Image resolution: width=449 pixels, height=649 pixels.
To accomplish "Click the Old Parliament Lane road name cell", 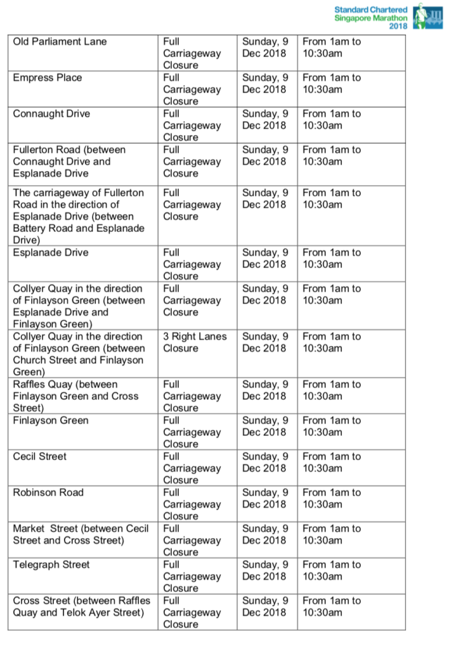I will (x=60, y=42).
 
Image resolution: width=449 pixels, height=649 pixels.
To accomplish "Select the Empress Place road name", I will (x=48, y=78).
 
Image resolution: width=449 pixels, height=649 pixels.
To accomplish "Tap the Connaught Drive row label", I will (x=51, y=114).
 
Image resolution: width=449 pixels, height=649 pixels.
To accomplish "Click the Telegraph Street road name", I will (x=51, y=565).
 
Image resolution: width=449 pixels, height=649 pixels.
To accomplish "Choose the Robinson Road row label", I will (x=48, y=492).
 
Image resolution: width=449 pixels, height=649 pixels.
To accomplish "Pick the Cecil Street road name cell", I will (x=40, y=456).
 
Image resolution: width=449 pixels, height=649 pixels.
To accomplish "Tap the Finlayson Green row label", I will (x=51, y=420).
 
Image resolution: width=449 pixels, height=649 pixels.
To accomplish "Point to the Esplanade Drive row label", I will (x=51, y=252).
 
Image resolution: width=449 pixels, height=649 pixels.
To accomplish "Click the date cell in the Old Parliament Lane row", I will (x=265, y=48).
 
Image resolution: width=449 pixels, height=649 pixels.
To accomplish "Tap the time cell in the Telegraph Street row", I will (x=331, y=570).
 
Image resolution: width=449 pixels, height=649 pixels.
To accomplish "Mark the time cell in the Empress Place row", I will (x=331, y=84).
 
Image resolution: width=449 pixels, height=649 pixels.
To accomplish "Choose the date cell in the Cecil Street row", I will (x=265, y=462).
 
